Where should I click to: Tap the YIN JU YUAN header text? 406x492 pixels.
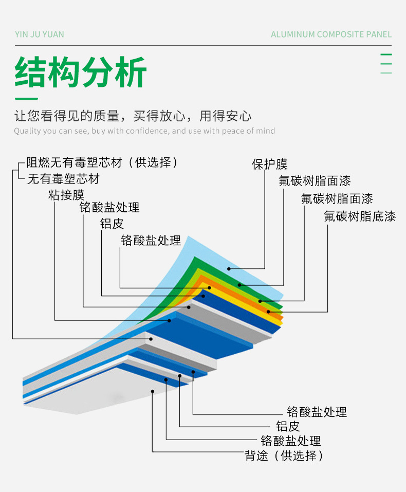(x=40, y=34)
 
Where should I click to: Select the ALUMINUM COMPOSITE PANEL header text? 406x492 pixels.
(x=331, y=34)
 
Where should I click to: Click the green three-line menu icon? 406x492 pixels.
(x=386, y=63)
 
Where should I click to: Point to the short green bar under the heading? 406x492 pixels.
(x=26, y=98)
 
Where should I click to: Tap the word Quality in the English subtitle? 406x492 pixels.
(x=28, y=131)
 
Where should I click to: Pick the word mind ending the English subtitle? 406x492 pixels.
(x=265, y=131)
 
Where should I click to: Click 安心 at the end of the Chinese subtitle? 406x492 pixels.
(x=239, y=116)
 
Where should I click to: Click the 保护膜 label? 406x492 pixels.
(x=270, y=165)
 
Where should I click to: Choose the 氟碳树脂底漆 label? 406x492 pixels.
(x=360, y=216)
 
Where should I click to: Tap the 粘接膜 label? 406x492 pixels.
(x=66, y=195)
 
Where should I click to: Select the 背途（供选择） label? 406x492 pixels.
(x=284, y=455)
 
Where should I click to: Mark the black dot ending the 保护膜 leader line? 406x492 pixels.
(x=229, y=268)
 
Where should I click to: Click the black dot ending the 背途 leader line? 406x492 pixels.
(x=153, y=391)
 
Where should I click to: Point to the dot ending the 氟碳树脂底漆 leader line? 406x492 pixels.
(x=268, y=312)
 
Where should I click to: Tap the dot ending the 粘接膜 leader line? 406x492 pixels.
(x=169, y=320)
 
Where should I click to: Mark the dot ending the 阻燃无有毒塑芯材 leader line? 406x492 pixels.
(x=151, y=338)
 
